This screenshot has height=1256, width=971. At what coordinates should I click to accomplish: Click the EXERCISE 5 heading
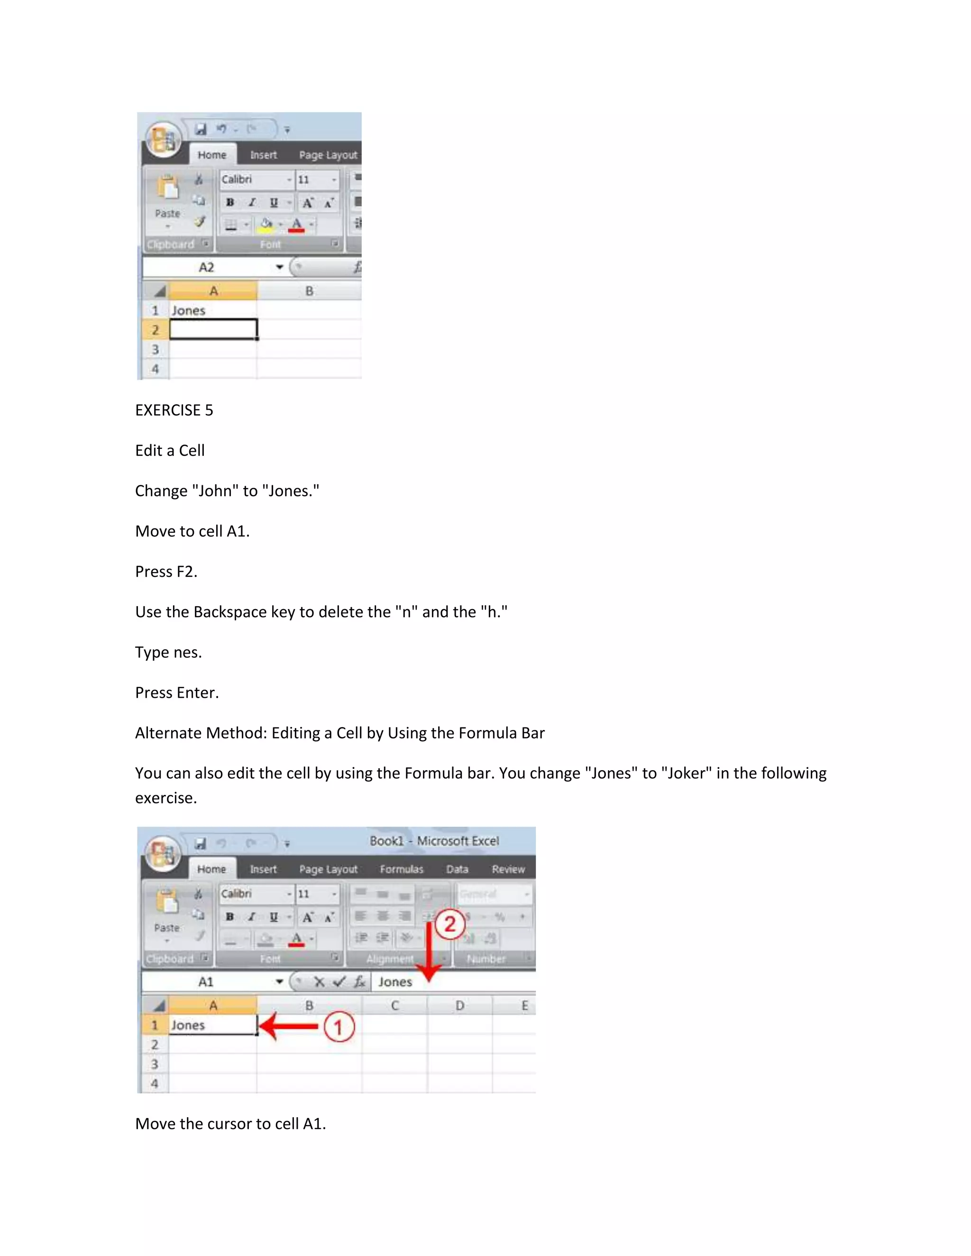point(174,410)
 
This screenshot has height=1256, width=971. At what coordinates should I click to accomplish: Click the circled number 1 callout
point(338,1027)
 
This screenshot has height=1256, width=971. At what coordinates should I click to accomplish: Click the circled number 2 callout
point(450,924)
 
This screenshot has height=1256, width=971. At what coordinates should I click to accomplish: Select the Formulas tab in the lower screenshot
point(401,869)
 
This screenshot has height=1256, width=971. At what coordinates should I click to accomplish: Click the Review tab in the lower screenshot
point(508,869)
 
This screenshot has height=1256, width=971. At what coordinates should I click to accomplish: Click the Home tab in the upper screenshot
point(211,155)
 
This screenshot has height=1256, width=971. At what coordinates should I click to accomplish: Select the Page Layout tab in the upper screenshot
point(328,155)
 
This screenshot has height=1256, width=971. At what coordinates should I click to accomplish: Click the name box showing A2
point(207,267)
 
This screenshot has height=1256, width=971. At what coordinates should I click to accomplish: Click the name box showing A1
point(206,982)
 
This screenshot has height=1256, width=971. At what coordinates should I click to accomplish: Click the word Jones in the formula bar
point(395,982)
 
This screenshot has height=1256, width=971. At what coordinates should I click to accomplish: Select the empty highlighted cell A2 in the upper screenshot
point(213,329)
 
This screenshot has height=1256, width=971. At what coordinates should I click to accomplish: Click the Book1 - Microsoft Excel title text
point(434,841)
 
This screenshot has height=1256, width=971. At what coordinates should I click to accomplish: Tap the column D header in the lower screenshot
point(459,1005)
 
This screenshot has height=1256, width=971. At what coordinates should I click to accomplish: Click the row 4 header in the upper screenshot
point(155,369)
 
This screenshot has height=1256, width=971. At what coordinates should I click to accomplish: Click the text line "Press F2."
point(166,572)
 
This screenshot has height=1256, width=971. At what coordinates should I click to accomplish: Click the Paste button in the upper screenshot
point(167,199)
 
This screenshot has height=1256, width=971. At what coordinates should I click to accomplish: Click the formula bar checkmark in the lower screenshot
point(339,982)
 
